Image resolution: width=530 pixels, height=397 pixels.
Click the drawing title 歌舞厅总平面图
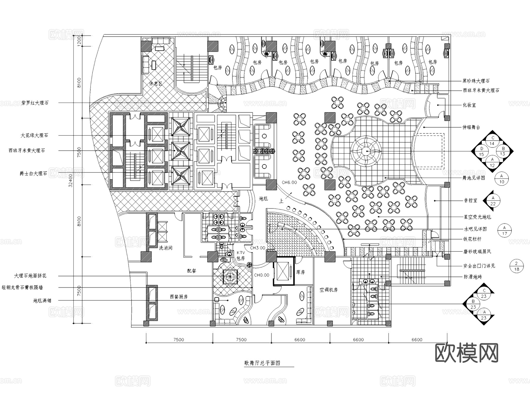(262, 363)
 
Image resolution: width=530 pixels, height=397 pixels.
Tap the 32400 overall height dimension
(70, 182)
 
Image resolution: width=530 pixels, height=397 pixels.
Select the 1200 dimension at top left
(79, 41)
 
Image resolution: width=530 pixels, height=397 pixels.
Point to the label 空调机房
(329, 290)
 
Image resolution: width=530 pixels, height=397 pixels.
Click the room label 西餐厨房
(178, 297)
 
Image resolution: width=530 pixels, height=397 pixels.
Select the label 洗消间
(165, 248)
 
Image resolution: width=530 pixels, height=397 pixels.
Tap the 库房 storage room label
(300, 272)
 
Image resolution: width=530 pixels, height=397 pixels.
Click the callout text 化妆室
(470, 105)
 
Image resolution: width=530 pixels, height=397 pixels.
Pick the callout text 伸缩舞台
(471, 127)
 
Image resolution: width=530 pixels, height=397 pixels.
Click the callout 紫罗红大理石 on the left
(35, 103)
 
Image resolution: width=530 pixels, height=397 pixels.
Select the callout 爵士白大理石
(33, 174)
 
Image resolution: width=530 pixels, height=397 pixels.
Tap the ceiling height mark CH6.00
(289, 182)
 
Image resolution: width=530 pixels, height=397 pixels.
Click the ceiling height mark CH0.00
(261, 275)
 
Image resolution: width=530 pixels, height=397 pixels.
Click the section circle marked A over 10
(502, 179)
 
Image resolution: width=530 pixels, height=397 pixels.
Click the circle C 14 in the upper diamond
(492, 141)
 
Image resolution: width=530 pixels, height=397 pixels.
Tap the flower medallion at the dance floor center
(366, 151)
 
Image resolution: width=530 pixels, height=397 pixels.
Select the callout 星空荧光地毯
(477, 217)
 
